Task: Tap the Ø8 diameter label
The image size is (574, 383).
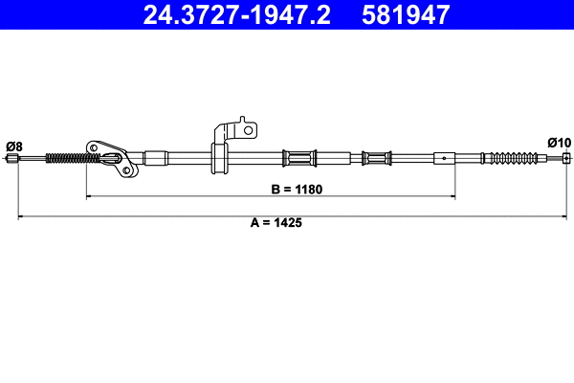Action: point(13,146)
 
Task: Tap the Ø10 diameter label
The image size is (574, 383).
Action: point(559,143)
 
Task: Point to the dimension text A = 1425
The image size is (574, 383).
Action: point(270,222)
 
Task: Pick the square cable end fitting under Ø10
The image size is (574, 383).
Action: point(566,158)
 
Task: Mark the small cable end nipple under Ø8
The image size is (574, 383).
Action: point(11,159)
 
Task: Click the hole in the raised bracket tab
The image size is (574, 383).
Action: point(246,128)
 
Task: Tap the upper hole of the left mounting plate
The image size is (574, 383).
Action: point(95,147)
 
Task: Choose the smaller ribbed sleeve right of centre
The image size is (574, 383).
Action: point(376,157)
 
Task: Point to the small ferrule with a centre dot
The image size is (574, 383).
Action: point(444,157)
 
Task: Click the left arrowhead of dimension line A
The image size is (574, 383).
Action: point(21,218)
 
